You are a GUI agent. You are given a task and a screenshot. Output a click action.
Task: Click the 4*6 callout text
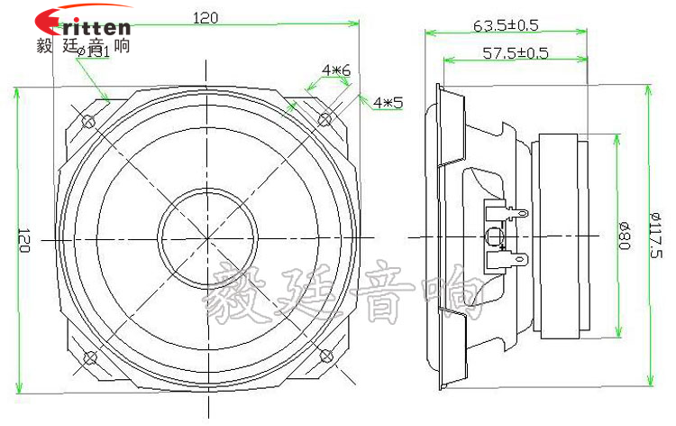[x=335, y=69]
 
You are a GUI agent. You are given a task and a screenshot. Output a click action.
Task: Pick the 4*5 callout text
[x=388, y=103]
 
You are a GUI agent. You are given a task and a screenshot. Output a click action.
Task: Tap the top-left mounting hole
[x=88, y=121]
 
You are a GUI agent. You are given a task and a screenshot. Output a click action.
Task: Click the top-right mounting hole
[x=325, y=119]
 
